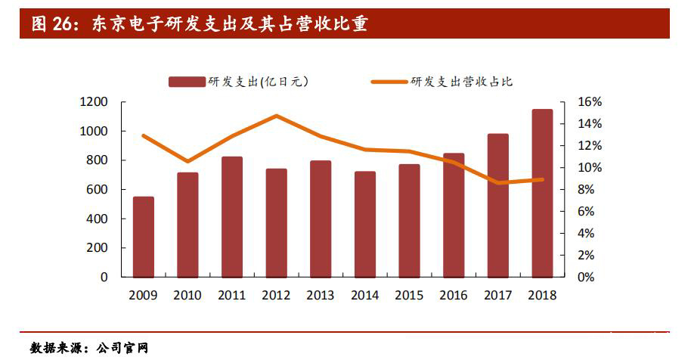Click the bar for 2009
tap(144, 237)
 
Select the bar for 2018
tap(542, 193)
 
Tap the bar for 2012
tap(276, 222)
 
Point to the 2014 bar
tap(365, 224)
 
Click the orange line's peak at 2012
tap(277, 116)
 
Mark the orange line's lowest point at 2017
tap(497, 182)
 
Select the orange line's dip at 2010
tap(187, 161)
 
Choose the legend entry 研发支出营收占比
tap(462, 82)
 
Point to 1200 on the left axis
tap(94, 102)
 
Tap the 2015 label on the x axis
tap(409, 296)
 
